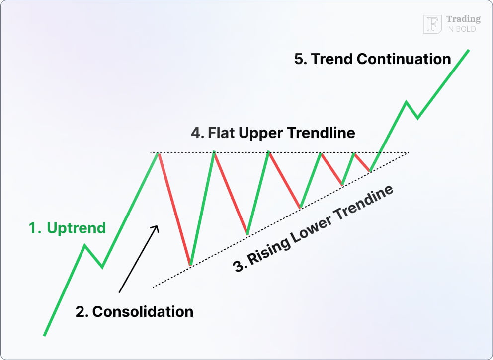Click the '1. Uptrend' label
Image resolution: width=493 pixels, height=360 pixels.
tap(67, 228)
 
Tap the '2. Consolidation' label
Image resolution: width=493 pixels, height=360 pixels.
tap(134, 311)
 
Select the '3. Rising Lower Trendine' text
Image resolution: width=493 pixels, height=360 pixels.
tap(314, 229)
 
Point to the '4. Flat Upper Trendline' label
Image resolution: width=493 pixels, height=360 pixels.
tap(273, 133)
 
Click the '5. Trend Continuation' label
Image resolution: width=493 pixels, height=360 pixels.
tap(372, 59)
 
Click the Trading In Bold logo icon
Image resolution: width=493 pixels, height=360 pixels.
tap(432, 24)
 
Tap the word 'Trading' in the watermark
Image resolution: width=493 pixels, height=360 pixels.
tap(463, 19)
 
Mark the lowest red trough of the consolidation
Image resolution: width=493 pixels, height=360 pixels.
tap(190, 264)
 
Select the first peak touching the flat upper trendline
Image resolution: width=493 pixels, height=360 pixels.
tap(159, 153)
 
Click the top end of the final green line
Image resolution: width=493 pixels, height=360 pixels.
tap(469, 50)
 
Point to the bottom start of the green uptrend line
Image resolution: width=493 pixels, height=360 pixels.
tap(44, 336)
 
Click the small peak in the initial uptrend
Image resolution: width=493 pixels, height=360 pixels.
tap(85, 245)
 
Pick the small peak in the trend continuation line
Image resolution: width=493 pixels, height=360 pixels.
tap(406, 102)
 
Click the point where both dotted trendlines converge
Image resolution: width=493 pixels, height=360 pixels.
tap(408, 152)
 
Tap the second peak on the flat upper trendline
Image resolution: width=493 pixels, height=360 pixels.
tap(214, 152)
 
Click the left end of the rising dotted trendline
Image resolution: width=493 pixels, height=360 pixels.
tap(153, 287)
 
